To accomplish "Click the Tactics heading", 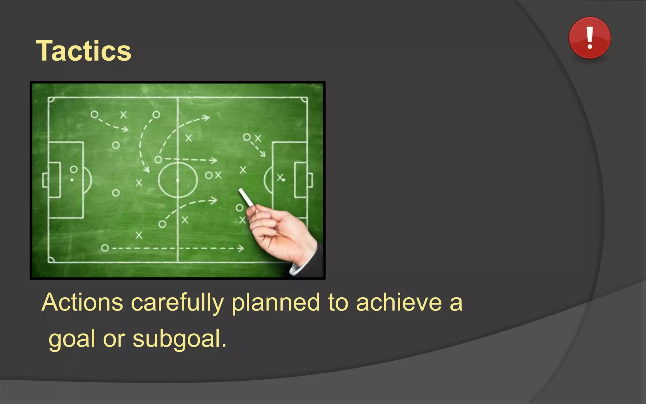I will tap(84, 51).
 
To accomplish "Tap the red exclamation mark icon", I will tap(589, 38).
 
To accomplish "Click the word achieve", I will tap(399, 302).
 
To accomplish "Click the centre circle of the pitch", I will tap(178, 180).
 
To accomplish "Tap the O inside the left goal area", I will tap(73, 169).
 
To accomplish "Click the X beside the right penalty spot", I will tap(280, 178).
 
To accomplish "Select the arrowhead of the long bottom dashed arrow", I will tap(241, 248).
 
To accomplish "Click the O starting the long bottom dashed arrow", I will tap(105, 248).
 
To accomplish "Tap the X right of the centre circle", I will tap(218, 175).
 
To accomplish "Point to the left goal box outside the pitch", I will tap(45, 180).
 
